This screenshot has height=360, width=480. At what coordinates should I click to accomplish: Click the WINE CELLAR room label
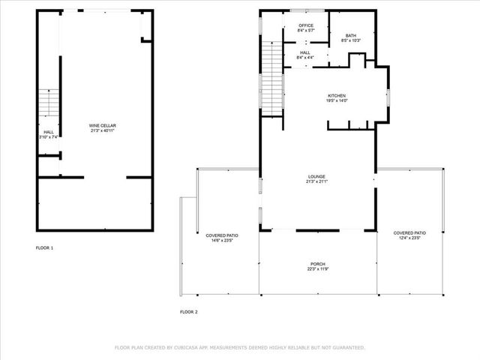pyautogui.click(x=103, y=125)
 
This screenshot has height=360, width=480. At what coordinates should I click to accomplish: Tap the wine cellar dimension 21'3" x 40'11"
pyautogui.click(x=103, y=131)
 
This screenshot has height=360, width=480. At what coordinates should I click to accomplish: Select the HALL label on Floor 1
pyautogui.click(x=48, y=132)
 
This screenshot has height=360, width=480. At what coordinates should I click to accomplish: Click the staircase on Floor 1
pyautogui.click(x=48, y=103)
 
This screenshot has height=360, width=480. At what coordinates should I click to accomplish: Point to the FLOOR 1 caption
pyautogui.click(x=45, y=247)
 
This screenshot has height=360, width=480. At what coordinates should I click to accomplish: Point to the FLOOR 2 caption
pyautogui.click(x=188, y=311)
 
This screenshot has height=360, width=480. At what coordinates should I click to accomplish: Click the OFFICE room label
pyautogui.click(x=305, y=25)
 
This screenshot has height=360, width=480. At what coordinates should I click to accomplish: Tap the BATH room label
pyautogui.click(x=350, y=35)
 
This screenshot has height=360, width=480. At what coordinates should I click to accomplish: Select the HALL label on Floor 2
pyautogui.click(x=305, y=52)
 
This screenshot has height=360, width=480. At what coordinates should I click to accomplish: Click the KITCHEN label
pyautogui.click(x=337, y=95)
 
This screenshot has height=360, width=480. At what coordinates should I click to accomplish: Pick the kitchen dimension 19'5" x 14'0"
pyautogui.click(x=337, y=100)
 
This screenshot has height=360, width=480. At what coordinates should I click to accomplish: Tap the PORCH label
pyautogui.click(x=318, y=264)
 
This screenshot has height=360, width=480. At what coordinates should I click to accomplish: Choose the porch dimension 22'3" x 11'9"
pyautogui.click(x=318, y=269)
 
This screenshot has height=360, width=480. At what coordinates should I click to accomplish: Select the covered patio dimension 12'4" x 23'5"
pyautogui.click(x=409, y=238)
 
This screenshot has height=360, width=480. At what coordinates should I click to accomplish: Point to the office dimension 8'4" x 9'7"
pyautogui.click(x=305, y=31)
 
